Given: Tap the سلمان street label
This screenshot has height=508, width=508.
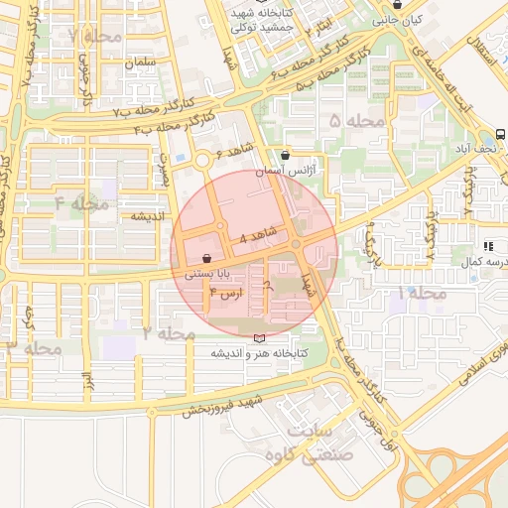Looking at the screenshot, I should point(142,63).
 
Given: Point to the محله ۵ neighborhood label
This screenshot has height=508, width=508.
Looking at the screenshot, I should point(356,121).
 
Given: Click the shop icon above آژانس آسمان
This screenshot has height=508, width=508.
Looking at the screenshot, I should point(286,155).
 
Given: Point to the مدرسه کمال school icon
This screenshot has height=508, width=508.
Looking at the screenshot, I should point(487,245).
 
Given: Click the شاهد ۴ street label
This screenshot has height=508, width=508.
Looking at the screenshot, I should point(257,236).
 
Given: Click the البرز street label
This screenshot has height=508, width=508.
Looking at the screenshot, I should point(86,379).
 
